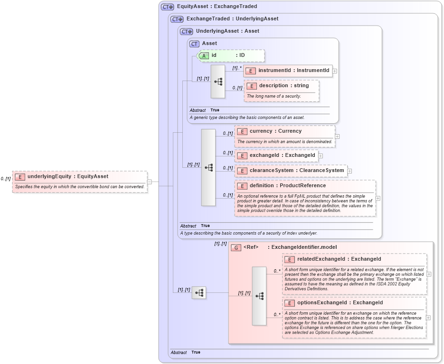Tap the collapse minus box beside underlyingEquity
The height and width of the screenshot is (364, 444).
pyautogui.click(x=149, y=181)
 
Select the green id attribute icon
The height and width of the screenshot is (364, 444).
pyautogui.click(x=204, y=55)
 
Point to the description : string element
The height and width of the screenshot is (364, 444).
pyautogui.click(x=283, y=86)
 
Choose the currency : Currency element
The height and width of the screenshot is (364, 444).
pyautogui.click(x=275, y=131)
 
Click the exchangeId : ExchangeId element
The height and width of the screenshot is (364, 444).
pyautogui.click(x=282, y=155)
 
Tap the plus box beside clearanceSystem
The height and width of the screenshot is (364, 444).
pyautogui.click(x=349, y=171)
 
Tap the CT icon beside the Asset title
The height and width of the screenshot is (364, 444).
pyautogui.click(x=194, y=44)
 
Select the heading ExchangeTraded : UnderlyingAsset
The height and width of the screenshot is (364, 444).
pyautogui.click(x=232, y=19)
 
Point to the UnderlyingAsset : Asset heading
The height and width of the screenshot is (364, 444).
pyautogui.click(x=227, y=31)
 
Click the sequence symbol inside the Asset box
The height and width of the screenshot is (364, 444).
pyautogui.click(x=218, y=82)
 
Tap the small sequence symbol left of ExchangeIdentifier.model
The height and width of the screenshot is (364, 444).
pyautogui.click(x=199, y=293)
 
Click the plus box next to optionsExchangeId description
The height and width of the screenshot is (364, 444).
pyautogui.click(x=429, y=318)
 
